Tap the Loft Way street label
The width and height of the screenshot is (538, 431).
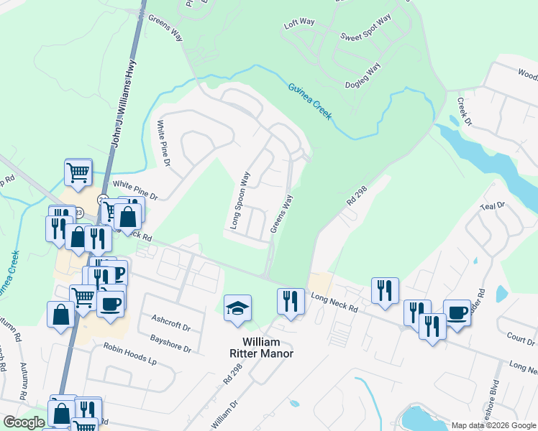300,23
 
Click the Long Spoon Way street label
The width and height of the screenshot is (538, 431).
240,200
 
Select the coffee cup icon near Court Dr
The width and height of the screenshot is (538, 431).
456,312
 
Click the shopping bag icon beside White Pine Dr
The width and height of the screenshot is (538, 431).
127,215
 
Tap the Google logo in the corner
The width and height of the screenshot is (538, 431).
24,422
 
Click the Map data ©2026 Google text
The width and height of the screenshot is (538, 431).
493,425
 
